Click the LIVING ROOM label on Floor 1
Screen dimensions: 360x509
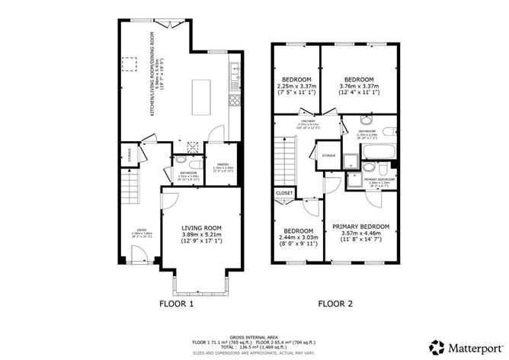point(201,227)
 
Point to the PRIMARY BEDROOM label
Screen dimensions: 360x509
point(360,227)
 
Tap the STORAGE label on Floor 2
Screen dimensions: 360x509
point(328,156)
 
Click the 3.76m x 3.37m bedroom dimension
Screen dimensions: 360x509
point(359,87)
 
